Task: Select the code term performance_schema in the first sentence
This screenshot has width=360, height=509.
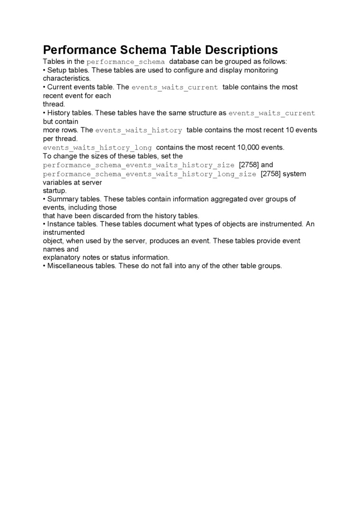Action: pyautogui.click(x=126, y=62)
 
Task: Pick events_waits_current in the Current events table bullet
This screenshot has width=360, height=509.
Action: pyautogui.click(x=175, y=88)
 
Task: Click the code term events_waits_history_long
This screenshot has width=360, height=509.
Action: pyautogui.click(x=98, y=148)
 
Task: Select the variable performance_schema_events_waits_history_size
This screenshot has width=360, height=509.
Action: pyautogui.click(x=139, y=165)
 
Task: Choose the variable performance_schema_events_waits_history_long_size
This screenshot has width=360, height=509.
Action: pyautogui.click(x=150, y=174)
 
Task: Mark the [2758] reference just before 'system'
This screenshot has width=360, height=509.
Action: pyautogui.click(x=271, y=174)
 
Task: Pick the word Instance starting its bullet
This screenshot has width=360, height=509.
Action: pyautogui.click(x=62, y=224)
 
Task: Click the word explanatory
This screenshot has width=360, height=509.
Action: pyautogui.click(x=62, y=258)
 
